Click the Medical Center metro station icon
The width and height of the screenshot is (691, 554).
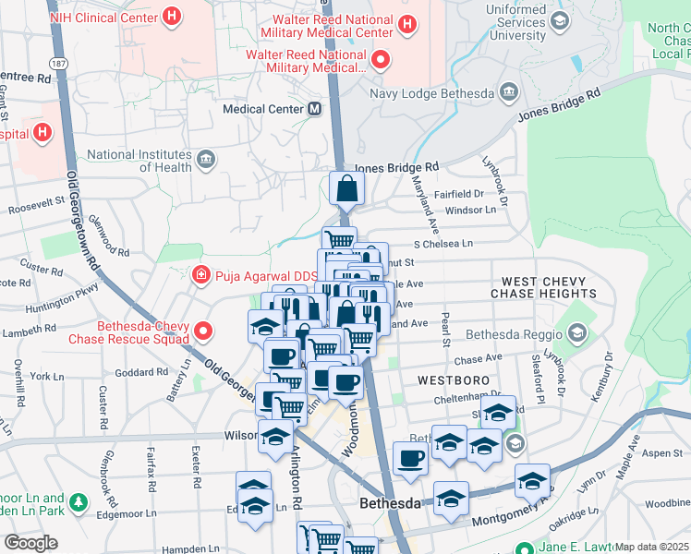pyautogui.click(x=315, y=109)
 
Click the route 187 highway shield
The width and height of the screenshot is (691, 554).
pyautogui.click(x=58, y=64)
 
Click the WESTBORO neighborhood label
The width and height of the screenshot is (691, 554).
pyautogui.click(x=452, y=379)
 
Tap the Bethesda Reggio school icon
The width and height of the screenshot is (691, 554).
pyautogui.click(x=577, y=332)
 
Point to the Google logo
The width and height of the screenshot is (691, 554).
pyautogui.click(x=30, y=543)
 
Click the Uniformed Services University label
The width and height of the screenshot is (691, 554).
pyautogui.click(x=530, y=28)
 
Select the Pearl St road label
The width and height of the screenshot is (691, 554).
pyautogui.click(x=444, y=333)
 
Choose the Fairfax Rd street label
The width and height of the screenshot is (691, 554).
pyautogui.click(x=151, y=467)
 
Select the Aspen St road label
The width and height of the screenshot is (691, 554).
pyautogui.click(x=661, y=453)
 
